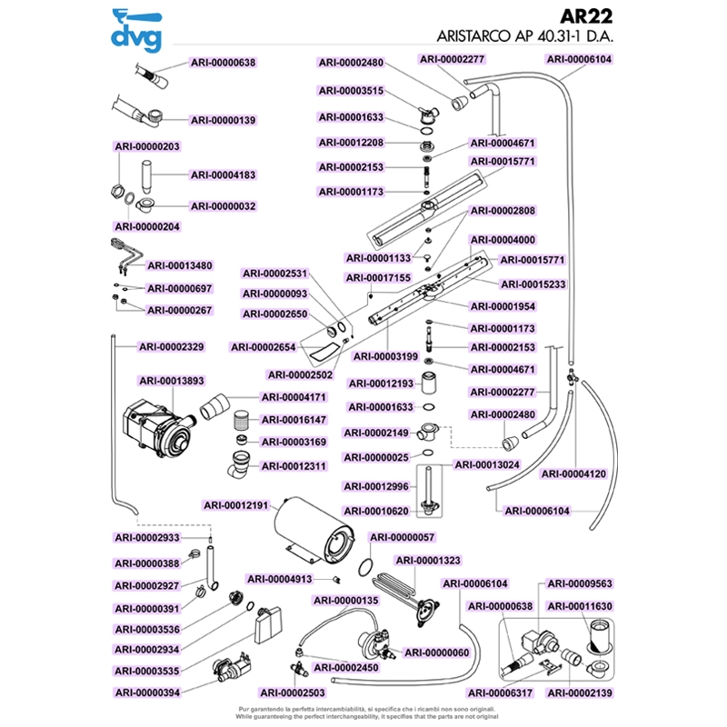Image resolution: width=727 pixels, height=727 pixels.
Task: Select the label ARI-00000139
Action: coord(224,119)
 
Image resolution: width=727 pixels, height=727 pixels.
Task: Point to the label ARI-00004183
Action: coord(224,175)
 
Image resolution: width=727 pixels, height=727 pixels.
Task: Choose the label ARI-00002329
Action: coord(172,346)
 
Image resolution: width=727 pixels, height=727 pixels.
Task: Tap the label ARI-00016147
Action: coord(295,420)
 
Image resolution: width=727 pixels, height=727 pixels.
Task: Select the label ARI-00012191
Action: coord(236,505)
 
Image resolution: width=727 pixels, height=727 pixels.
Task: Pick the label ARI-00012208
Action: coord(352,143)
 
